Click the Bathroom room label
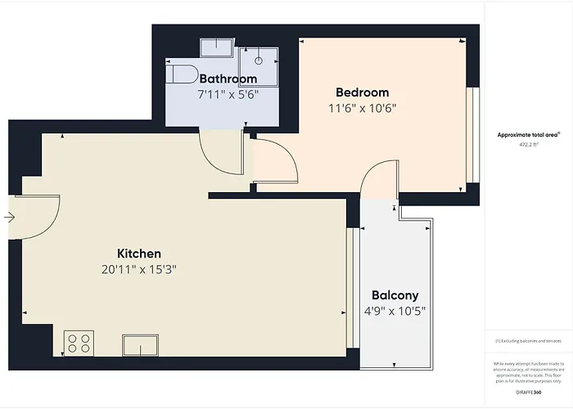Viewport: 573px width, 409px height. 228,79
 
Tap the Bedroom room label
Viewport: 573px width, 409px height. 362,92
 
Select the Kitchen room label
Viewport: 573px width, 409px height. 138,254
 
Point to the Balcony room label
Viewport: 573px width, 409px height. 395,295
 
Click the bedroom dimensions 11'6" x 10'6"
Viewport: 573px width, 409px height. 362,109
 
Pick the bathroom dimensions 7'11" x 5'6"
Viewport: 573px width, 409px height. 228,95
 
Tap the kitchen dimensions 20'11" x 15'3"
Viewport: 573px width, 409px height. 138,270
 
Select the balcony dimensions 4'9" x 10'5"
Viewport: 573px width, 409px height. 395,312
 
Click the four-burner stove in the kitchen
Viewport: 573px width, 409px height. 79,342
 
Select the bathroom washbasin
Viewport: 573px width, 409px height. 219,45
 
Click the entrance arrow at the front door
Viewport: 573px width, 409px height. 8,218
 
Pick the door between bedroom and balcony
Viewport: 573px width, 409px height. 378,182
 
